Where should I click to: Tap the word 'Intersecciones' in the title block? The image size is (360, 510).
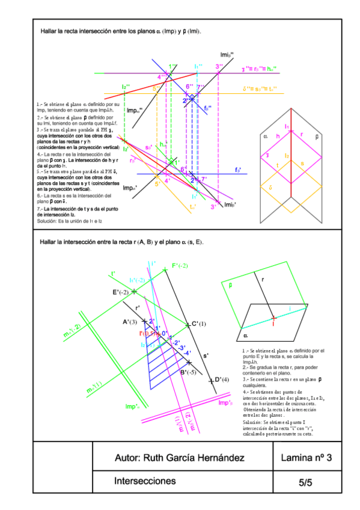coord(145,481)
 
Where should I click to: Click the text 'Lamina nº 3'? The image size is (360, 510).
coord(307,458)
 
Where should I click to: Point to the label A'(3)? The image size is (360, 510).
coord(130,322)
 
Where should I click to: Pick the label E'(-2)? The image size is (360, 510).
coord(122,292)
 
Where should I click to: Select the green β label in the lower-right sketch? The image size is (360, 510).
coord(230,286)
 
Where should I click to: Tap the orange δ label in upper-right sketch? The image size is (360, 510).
coord(272,187)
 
